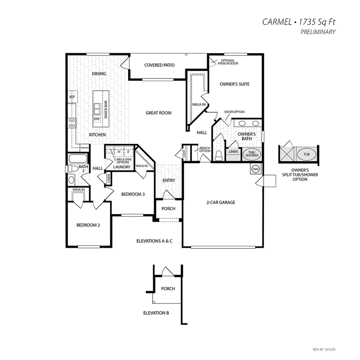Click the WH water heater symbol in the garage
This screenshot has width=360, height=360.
[255, 169]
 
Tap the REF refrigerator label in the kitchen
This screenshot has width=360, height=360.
[72, 97]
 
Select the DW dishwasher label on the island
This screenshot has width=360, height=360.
[96, 119]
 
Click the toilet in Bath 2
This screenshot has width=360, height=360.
[71, 169]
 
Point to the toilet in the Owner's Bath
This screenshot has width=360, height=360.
[218, 155]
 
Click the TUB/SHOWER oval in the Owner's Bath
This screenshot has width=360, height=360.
[252, 154]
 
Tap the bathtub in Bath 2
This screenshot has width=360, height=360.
[78, 158]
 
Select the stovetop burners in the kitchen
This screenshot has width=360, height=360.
[72, 123]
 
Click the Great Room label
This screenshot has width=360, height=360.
[158, 113]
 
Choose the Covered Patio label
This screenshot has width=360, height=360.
[159, 65]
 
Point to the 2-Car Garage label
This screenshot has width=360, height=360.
[221, 202]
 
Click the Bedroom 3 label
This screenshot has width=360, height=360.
[133, 194]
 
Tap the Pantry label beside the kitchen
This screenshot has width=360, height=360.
[84, 148]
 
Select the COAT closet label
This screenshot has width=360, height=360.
[184, 154]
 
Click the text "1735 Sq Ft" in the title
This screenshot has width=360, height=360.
[317, 22]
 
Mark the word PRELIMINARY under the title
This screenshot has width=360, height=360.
[318, 32]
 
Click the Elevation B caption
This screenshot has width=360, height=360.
[156, 313]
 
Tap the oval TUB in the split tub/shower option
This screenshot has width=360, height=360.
[307, 154]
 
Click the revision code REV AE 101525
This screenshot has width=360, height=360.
[324, 349]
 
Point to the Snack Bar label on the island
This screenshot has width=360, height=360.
[106, 109]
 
